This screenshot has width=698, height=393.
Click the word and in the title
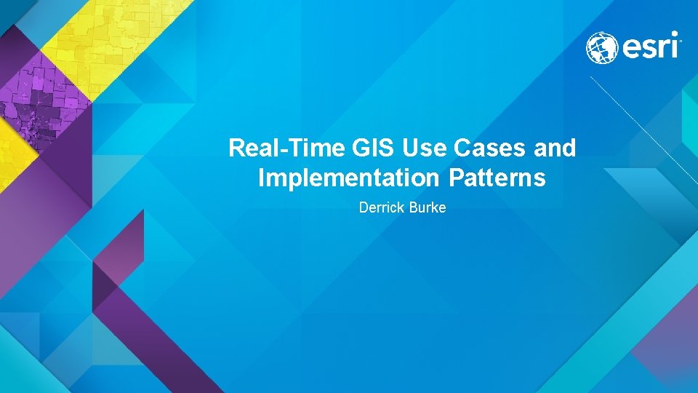coord(555,148)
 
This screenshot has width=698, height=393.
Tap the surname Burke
coord(428,208)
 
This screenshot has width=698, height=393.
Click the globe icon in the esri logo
coord(602,47)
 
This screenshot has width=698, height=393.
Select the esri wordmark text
coord(650,48)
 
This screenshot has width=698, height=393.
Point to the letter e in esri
coord(630,49)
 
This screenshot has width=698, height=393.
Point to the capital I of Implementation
coord(262,178)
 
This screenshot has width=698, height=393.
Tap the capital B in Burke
coord(415,208)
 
